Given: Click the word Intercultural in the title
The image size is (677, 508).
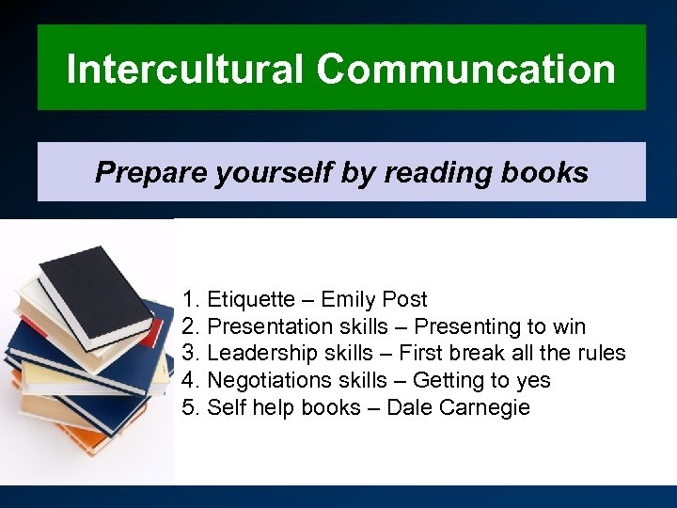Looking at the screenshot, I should pos(185,69).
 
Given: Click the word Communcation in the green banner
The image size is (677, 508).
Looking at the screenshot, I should pos(466,69).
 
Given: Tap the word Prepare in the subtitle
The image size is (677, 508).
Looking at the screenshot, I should pos(139,172).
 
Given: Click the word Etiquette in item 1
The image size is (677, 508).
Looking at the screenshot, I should pos(250,300).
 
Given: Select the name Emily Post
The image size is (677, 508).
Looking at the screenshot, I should pos(374,300).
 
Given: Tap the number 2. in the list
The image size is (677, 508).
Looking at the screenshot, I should pos(192,327).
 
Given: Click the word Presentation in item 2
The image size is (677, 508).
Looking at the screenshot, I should pos(270,327).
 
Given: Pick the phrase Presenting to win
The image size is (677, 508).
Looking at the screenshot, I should pos(499,327).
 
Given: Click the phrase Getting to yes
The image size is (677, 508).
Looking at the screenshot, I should pos(481,381).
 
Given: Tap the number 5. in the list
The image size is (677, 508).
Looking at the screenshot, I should pos(192,408).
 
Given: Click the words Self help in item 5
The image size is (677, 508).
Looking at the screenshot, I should pos(244,408).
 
